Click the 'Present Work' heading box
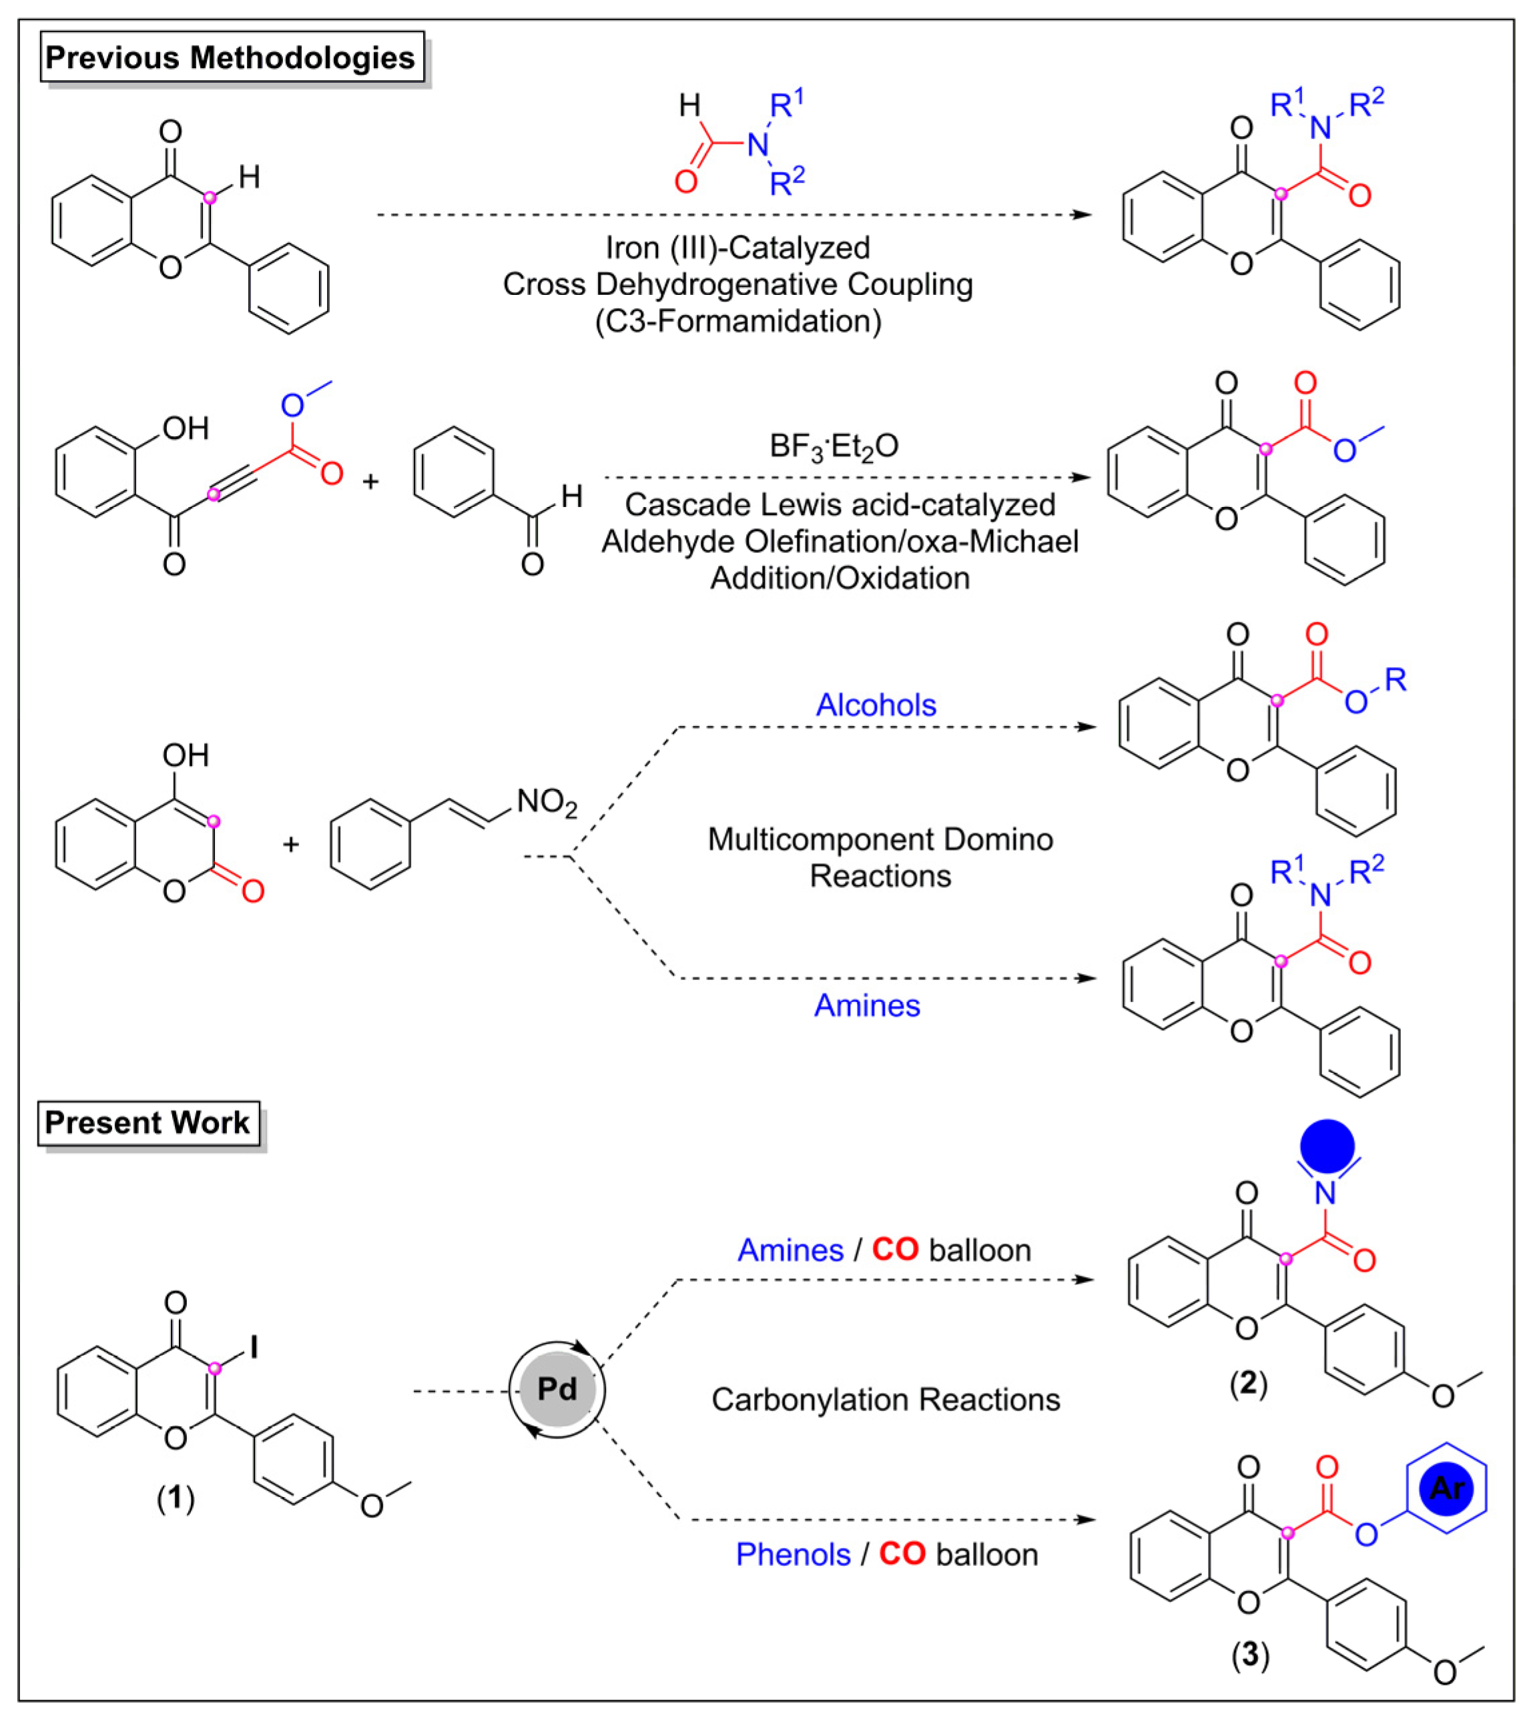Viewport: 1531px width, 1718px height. click(147, 1123)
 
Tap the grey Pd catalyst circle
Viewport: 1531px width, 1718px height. click(557, 1388)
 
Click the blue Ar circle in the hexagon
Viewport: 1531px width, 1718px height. click(1446, 1488)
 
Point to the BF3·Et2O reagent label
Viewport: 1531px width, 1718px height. click(834, 446)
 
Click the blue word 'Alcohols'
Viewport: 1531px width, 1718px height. click(876, 705)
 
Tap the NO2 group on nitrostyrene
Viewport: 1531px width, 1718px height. click(547, 802)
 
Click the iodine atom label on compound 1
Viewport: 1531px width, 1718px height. click(253, 1348)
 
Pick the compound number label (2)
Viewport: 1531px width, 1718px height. click(1247, 1383)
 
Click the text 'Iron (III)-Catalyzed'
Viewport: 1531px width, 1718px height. click(737, 248)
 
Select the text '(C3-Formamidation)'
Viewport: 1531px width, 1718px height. click(737, 321)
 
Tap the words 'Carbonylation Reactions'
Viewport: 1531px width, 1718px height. click(885, 1399)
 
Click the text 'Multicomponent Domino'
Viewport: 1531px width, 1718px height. click(880, 839)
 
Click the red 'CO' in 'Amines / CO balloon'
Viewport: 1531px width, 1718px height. click(894, 1250)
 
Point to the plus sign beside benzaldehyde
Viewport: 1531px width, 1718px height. click(370, 482)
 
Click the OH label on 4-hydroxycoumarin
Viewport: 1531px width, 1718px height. click(185, 755)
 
